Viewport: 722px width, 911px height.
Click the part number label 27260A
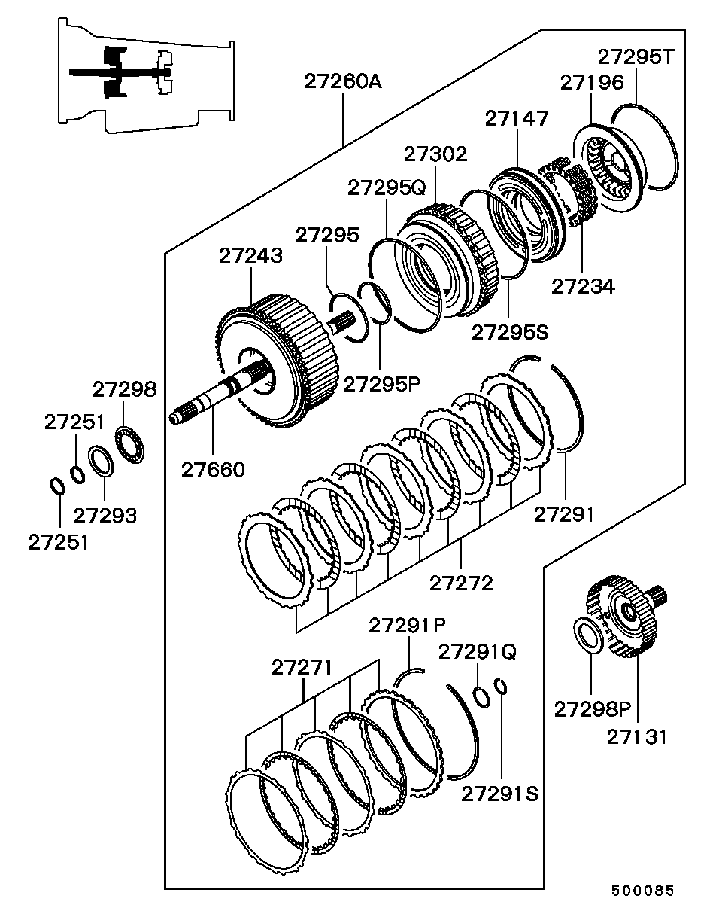click(x=343, y=82)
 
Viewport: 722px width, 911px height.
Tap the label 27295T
click(x=636, y=57)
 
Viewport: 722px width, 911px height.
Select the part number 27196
click(x=592, y=83)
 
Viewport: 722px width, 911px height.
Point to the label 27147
click(x=517, y=118)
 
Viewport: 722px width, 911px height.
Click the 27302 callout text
click(x=435, y=154)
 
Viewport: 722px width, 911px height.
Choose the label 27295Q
click(x=387, y=187)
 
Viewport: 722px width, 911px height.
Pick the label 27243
click(x=250, y=256)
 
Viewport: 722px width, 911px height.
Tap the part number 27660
click(x=213, y=470)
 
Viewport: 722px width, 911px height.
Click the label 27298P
click(x=593, y=709)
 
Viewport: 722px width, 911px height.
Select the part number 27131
click(x=636, y=737)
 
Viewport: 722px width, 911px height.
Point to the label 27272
click(x=462, y=583)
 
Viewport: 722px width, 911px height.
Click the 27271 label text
click(x=302, y=668)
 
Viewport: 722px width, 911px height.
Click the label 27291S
click(x=499, y=794)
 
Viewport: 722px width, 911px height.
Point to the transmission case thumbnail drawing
click(x=146, y=75)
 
